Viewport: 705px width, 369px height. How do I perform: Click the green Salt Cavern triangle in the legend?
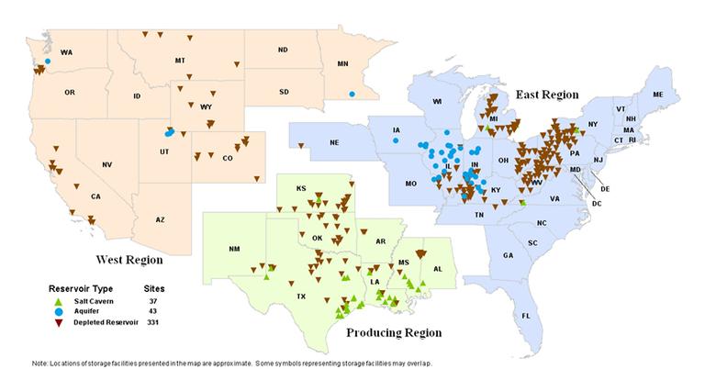click(58, 301)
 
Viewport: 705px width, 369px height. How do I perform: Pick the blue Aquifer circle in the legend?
click(58, 311)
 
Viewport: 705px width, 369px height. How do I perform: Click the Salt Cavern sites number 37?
click(155, 301)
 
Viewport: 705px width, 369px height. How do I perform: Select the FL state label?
click(526, 316)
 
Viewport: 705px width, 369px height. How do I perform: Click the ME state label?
click(657, 95)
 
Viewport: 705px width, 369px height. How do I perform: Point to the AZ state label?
click(159, 219)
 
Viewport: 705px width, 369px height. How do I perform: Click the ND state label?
click(283, 50)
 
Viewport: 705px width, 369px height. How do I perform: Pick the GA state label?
click(508, 256)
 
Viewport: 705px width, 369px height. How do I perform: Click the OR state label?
click(70, 93)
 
